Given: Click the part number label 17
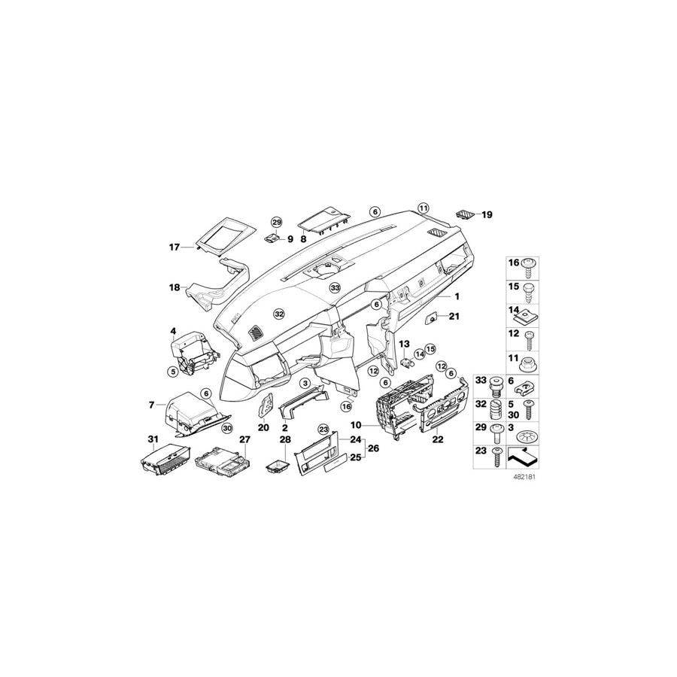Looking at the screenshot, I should (175, 246).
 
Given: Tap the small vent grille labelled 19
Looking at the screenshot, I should (466, 214).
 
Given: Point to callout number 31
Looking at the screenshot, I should (153, 439).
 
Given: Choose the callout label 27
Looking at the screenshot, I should (244, 439).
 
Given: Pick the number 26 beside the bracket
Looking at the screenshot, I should (372, 449).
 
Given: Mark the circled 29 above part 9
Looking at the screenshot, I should (276, 222).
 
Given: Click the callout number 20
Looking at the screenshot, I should (263, 427).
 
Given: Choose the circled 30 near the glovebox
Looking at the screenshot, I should (226, 427).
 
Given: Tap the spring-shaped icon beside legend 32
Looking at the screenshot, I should (495, 411).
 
